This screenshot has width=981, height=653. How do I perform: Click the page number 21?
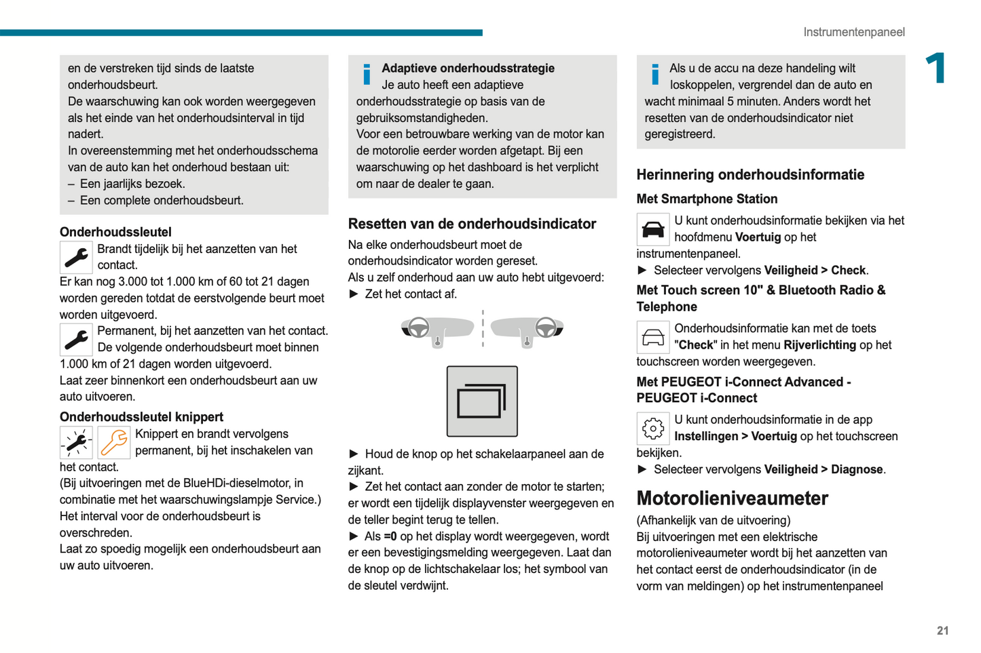tap(942, 631)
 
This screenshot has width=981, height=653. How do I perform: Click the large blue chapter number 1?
tap(936, 68)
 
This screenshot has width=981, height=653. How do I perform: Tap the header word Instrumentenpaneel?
tap(853, 32)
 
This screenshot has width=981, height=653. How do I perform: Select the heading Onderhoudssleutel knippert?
tap(141, 417)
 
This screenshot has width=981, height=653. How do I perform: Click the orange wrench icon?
tap(114, 443)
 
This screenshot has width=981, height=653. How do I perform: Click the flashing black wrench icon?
tap(76, 443)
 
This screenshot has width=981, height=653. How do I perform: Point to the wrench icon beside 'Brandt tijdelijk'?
tap(76, 257)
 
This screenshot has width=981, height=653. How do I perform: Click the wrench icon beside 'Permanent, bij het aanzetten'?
tap(76, 339)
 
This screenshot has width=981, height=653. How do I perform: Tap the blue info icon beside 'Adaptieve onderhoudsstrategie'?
tap(367, 74)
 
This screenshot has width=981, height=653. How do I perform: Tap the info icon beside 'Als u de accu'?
tap(655, 74)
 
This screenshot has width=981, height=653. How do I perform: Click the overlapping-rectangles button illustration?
tap(482, 401)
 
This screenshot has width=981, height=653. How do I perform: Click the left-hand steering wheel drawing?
tap(418, 328)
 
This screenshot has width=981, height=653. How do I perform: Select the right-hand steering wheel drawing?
tap(546, 328)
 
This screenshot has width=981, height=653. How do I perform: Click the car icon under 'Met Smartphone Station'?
tap(653, 229)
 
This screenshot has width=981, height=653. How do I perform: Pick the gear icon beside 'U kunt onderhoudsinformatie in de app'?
tap(653, 429)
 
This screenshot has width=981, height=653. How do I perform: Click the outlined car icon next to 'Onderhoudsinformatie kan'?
tap(653, 337)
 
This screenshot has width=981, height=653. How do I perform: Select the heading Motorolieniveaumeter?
tap(732, 498)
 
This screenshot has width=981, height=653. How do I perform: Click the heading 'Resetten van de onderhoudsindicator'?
tap(472, 224)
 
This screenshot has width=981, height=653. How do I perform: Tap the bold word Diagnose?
tap(857, 469)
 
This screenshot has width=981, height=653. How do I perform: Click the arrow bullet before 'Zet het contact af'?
tap(354, 294)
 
